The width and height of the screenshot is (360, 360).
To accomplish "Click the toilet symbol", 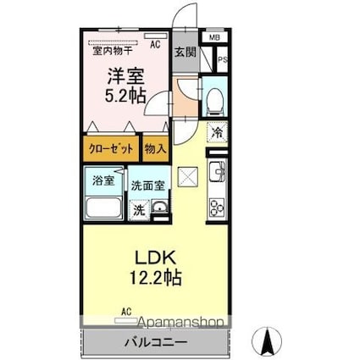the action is pyautogui.click(x=215, y=102).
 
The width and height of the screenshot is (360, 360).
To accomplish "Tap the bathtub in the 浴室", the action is pyautogui.click(x=103, y=208).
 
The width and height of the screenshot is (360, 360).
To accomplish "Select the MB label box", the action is pyautogui.click(x=214, y=37).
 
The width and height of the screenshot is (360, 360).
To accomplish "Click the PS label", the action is pyautogui.click(x=223, y=60).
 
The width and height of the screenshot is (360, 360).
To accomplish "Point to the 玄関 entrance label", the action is pyautogui.click(x=185, y=52).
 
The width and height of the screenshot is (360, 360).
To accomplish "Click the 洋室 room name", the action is pyautogui.click(x=125, y=76).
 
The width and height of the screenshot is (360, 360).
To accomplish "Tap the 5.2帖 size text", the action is pyautogui.click(x=125, y=96).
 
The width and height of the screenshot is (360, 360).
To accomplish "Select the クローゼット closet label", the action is pyautogui.click(x=111, y=148).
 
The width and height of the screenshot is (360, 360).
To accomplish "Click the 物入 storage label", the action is pyautogui.click(x=155, y=148).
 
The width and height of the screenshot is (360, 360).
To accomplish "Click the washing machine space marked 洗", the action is pyautogui.click(x=139, y=210).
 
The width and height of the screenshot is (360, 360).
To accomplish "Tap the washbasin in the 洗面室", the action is pyautogui.click(x=160, y=207).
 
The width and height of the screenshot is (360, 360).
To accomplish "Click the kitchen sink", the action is pyautogui.click(x=217, y=172).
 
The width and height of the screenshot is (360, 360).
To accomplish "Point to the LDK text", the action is pyautogui.click(x=155, y=258).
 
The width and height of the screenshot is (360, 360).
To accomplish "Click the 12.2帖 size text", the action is pyautogui.click(x=155, y=277).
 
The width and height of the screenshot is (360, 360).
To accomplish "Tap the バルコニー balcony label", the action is pyautogui.click(x=156, y=343).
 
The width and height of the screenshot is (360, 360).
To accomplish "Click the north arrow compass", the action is pyautogui.click(x=267, y=341).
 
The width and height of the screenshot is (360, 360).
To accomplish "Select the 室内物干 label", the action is pyautogui.click(x=113, y=51).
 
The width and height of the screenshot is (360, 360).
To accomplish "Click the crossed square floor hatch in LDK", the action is pyautogui.click(x=188, y=176).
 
